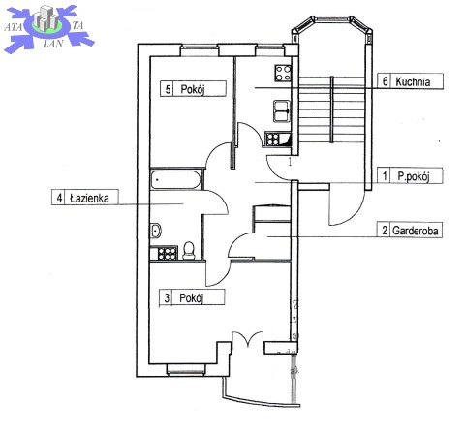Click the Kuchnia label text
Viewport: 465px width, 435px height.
413,81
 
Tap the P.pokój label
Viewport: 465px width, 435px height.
414,176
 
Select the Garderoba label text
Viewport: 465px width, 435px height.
416,231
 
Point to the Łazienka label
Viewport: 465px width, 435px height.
89,198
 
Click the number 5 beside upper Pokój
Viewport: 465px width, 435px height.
168,89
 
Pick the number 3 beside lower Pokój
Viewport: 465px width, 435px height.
167,297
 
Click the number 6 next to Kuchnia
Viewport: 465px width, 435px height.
386,80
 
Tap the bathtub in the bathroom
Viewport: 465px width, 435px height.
176,179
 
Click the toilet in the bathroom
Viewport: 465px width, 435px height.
189,251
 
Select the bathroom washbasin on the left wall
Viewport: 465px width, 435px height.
156,231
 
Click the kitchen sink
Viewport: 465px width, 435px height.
282,111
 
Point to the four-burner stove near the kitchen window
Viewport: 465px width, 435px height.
283,73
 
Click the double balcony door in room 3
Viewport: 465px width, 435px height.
248,339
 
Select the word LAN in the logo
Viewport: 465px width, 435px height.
53,44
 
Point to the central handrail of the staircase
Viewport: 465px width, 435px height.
331,109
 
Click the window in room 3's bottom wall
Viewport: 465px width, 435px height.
186,369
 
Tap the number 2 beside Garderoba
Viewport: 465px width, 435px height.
385,231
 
